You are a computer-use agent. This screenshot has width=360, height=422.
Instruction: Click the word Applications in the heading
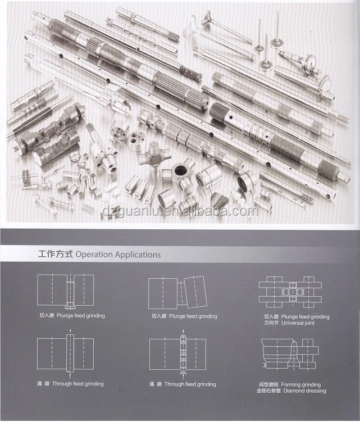pos(138,255)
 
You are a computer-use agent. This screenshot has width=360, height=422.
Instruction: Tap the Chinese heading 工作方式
pos(56,254)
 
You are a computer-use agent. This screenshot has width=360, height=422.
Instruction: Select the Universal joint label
pos(298,323)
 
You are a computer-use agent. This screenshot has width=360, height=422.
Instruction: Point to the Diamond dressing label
pos(304,391)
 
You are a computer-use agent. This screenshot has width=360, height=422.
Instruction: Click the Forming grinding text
pos(301,384)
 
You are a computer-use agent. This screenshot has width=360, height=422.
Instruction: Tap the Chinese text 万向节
pos(271,323)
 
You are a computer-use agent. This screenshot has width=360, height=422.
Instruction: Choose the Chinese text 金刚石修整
pos(268,391)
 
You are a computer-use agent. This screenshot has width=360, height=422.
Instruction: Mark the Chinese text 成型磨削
pos(268,384)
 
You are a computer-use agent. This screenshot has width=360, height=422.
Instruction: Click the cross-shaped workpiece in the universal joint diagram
pos(293,292)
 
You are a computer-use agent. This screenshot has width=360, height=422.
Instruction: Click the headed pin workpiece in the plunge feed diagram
pos(70,294)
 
